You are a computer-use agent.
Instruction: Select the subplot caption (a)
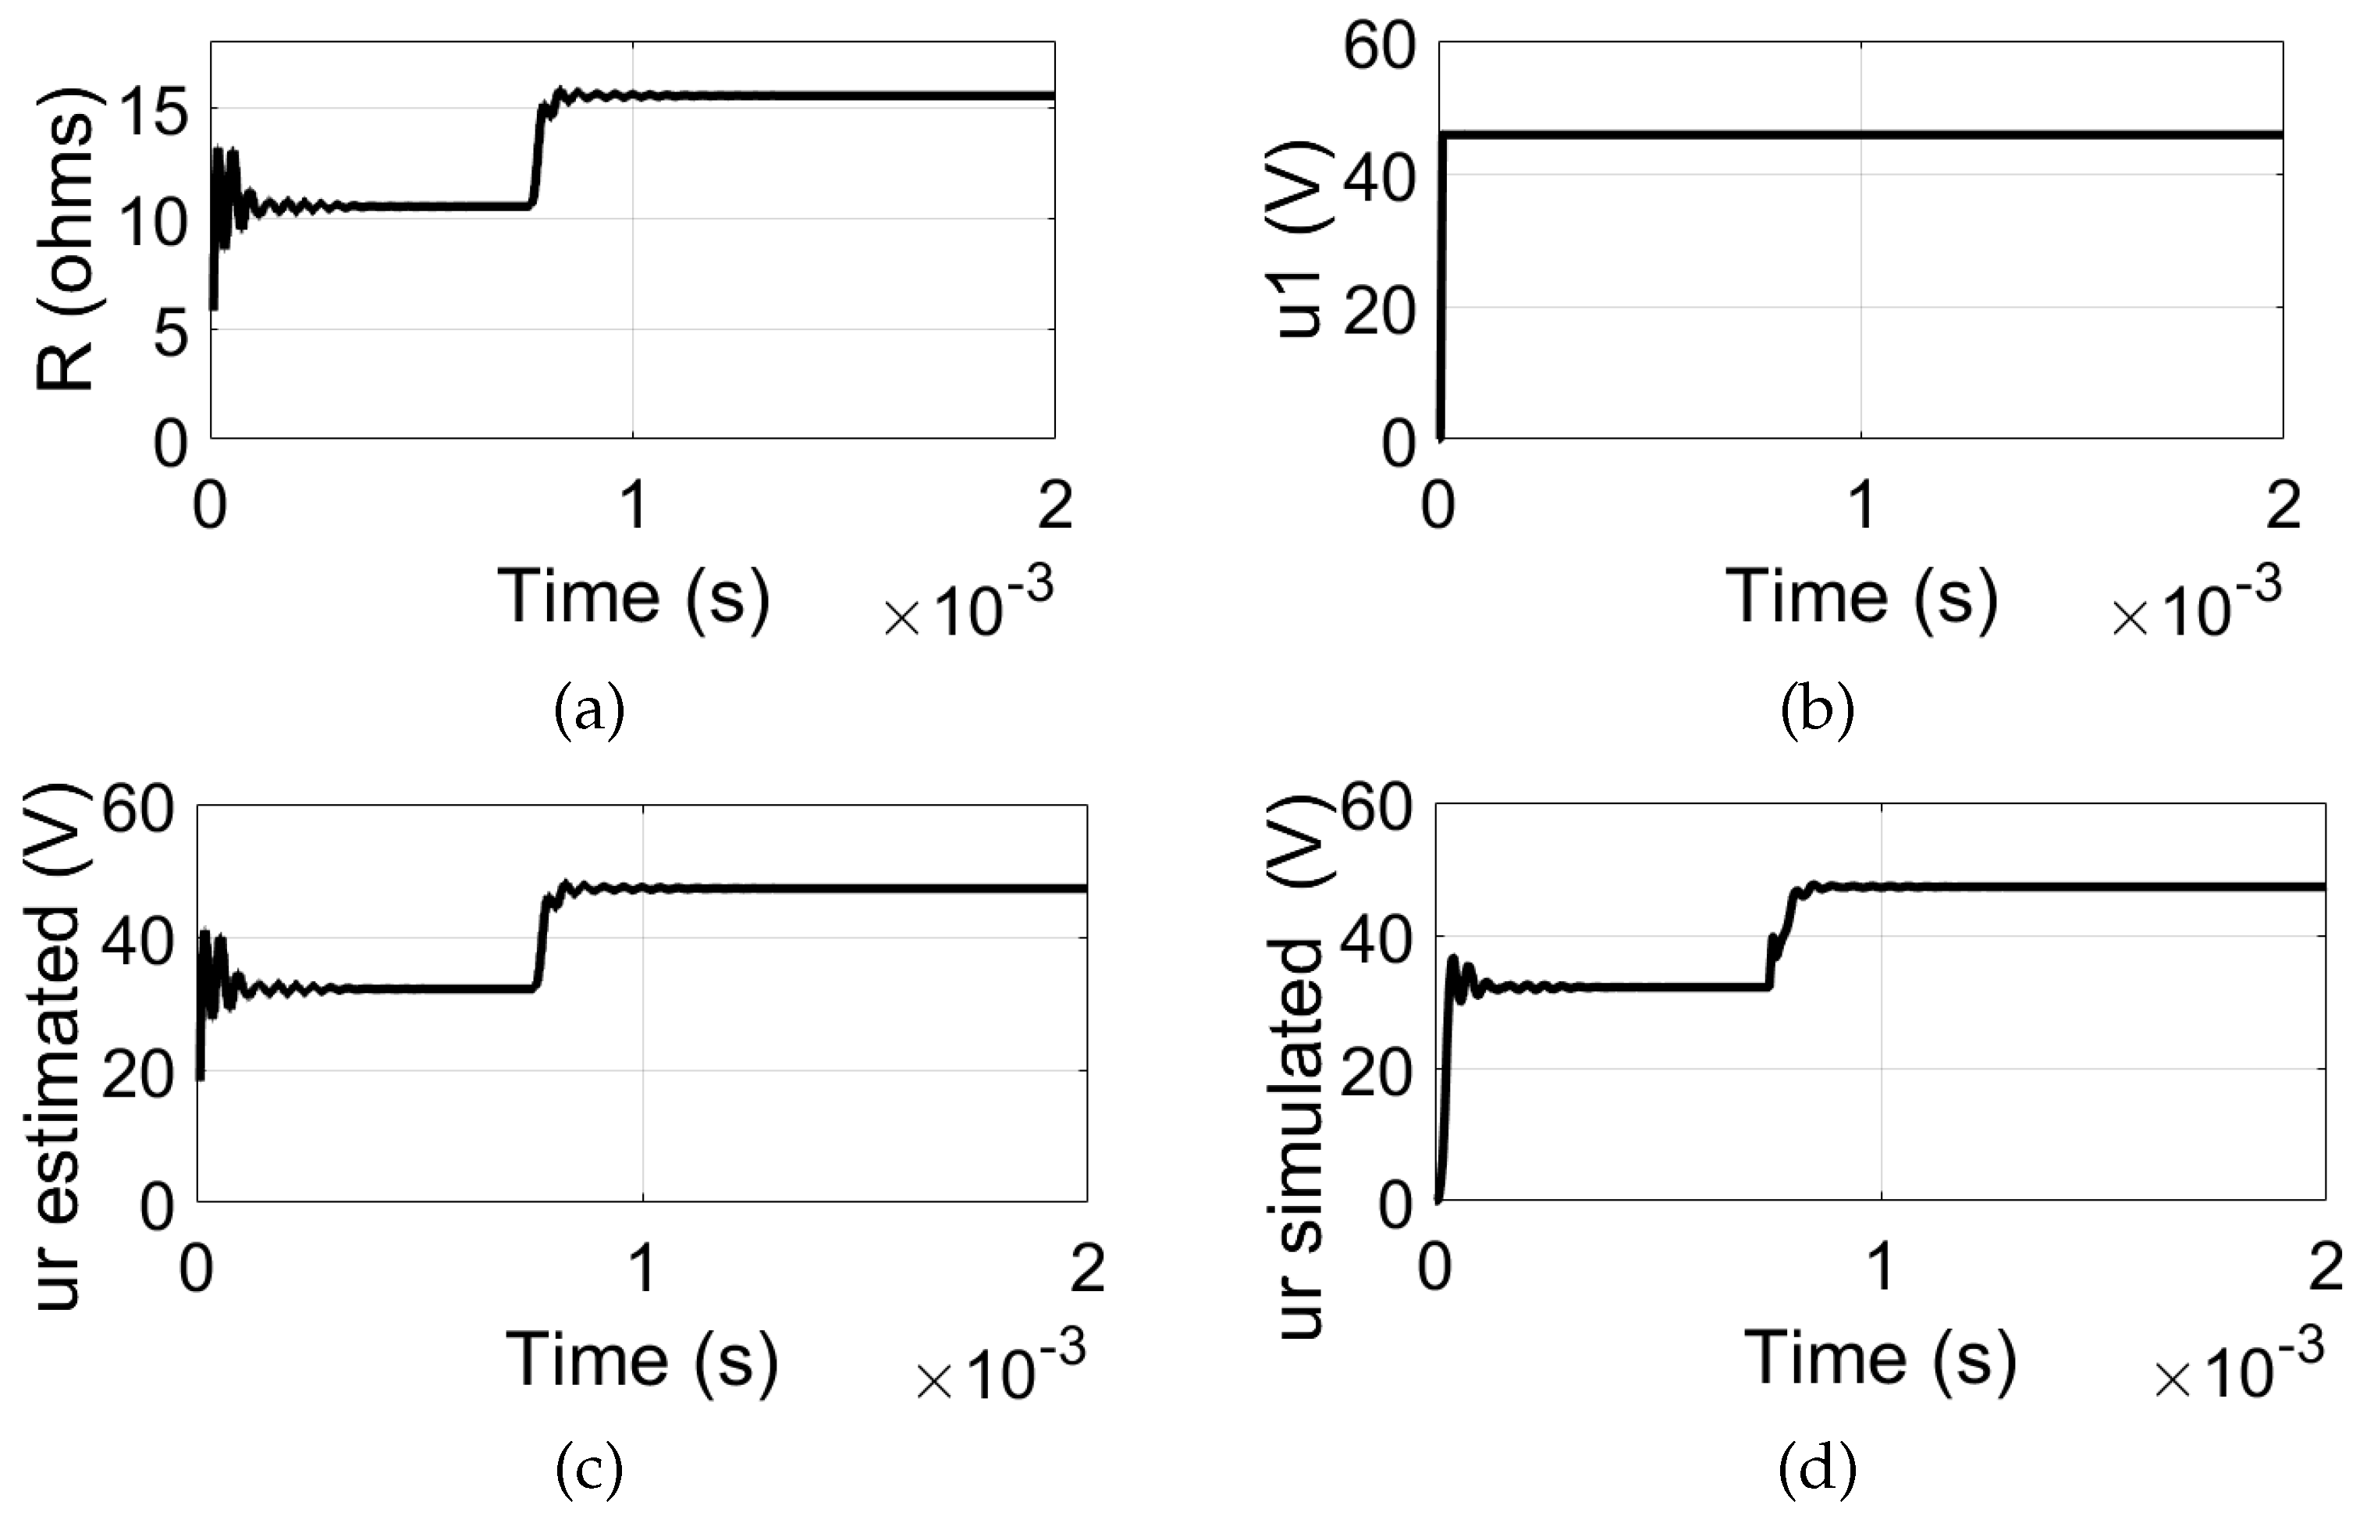tap(589, 711)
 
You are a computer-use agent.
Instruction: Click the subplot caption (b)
tap(1816, 711)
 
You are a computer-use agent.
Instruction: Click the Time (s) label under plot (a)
tap(633, 597)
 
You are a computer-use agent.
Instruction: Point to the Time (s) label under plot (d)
tap(1878, 1357)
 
